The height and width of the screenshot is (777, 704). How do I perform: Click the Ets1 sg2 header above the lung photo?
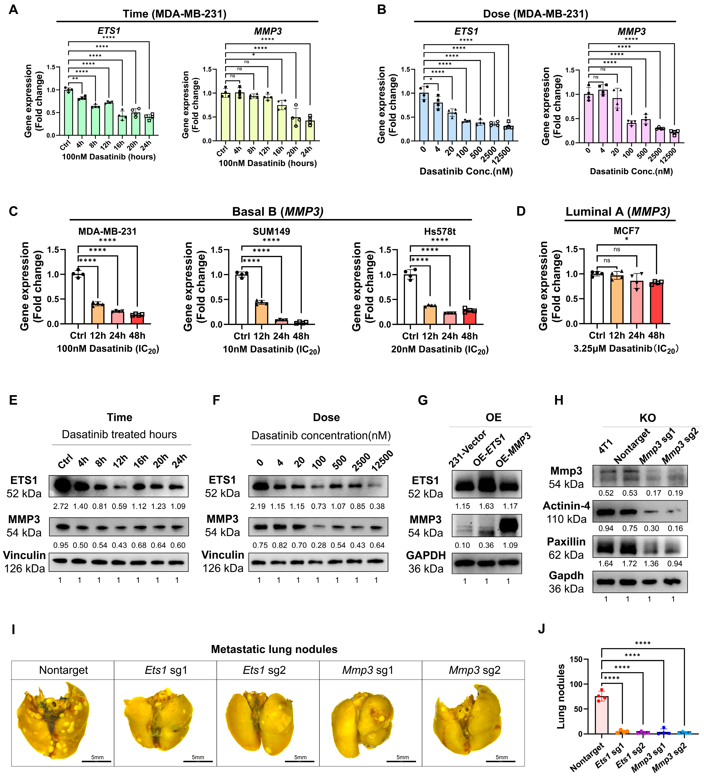click(264, 670)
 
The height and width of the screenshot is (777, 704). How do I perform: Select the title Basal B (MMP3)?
click(278, 212)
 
